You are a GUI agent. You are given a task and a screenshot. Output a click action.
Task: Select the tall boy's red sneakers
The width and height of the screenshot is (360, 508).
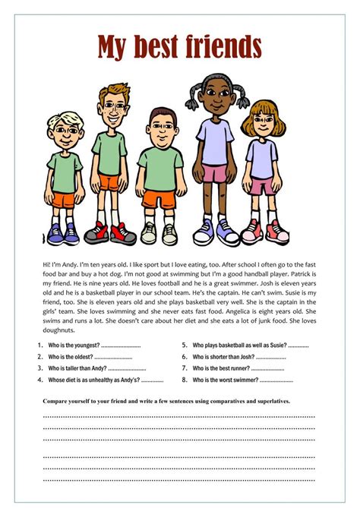[x=111, y=232]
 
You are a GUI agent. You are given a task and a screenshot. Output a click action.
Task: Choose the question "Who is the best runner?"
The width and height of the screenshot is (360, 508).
[x=221, y=368]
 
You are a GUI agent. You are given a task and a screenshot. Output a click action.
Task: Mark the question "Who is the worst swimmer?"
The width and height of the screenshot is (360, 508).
[x=226, y=379]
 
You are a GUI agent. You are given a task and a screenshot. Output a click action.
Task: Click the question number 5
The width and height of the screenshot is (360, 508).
[x=185, y=345]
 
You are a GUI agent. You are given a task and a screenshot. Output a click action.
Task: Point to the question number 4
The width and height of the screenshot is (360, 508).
[x=39, y=379]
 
